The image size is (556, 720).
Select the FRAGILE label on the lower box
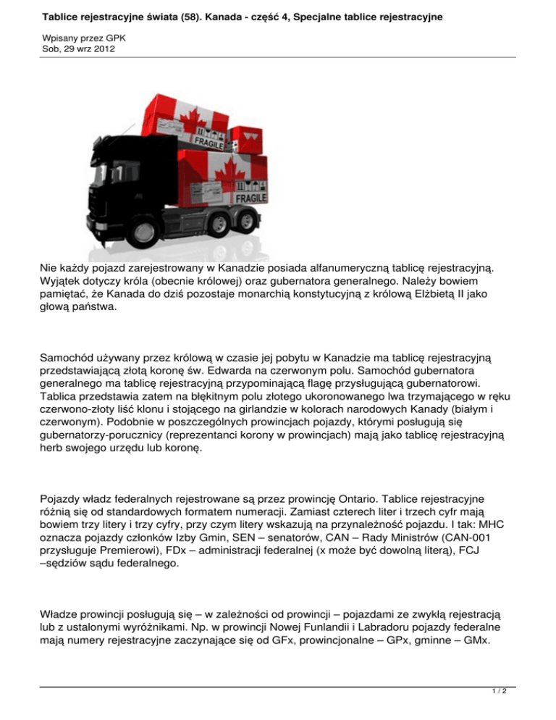tap(250, 198)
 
